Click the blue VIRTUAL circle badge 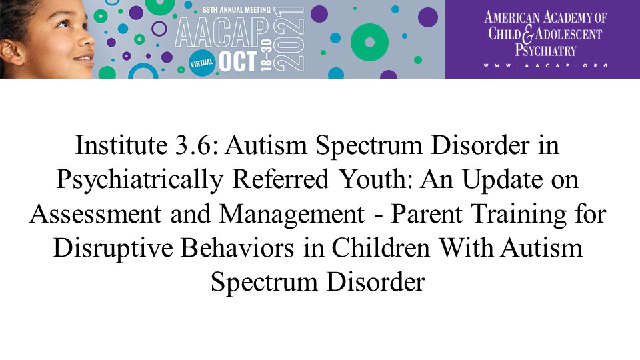(202, 63)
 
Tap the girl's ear (11, 52)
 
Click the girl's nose (87, 39)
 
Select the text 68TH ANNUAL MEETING (236, 9)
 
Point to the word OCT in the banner (239, 61)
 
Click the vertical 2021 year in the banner (289, 39)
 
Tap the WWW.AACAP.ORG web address (546, 65)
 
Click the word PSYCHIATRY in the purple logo (545, 50)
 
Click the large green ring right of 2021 (369, 43)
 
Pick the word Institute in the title (121, 145)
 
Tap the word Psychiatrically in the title (139, 180)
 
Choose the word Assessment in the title (95, 213)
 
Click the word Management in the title (292, 214)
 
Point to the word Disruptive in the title (113, 249)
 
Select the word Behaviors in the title (237, 248)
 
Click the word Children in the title (381, 248)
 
